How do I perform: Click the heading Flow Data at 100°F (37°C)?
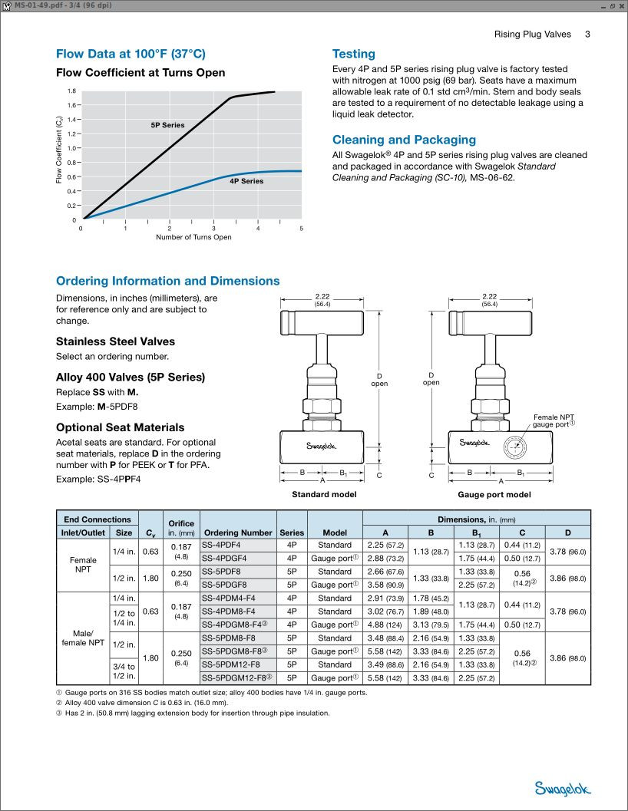[131, 54]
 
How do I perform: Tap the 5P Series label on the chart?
[167, 124]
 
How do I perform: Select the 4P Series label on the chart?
[246, 181]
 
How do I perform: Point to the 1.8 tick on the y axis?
[71, 91]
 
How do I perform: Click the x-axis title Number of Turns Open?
[193, 237]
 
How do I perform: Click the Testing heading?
[353, 54]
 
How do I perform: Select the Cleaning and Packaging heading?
[404, 140]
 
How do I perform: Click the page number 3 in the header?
[587, 34]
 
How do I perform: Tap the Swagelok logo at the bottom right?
[564, 788]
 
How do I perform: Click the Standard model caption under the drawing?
[324, 495]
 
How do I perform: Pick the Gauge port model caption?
[494, 495]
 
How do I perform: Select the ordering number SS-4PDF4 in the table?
[220, 545]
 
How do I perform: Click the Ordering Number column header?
[238, 532]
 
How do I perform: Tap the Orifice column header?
[181, 526]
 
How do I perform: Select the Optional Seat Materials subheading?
[120, 427]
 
